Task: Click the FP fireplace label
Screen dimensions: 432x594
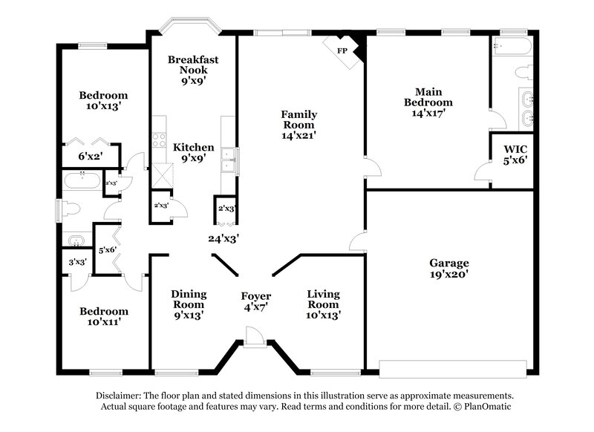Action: click(342, 50)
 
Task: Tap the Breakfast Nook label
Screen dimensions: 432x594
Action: click(192, 70)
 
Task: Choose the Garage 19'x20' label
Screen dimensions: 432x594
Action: click(449, 268)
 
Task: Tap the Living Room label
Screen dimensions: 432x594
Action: click(324, 304)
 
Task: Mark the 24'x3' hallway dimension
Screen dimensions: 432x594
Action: click(223, 238)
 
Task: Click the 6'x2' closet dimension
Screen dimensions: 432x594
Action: click(90, 156)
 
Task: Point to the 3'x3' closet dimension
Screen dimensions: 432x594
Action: click(78, 261)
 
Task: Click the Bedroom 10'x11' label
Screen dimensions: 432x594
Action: click(104, 316)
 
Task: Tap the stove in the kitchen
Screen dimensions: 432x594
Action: click(158, 138)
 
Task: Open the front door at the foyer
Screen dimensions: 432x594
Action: click(255, 338)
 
